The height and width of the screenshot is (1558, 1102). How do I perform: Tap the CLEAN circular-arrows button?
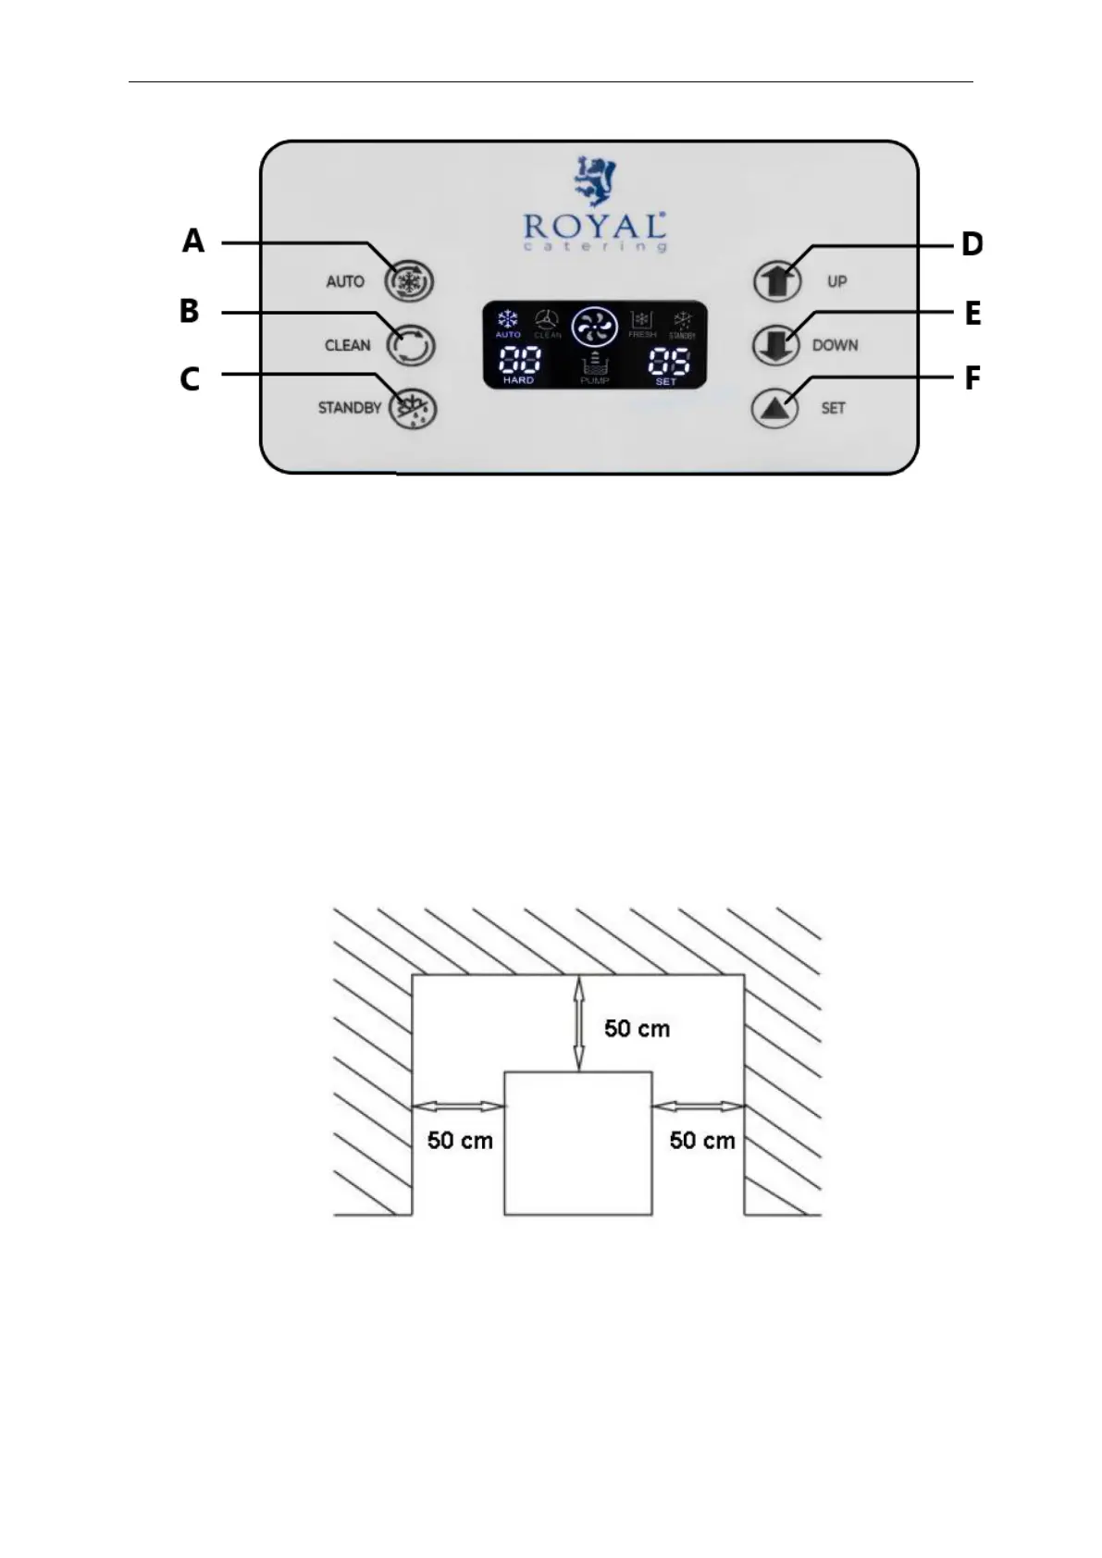(x=411, y=345)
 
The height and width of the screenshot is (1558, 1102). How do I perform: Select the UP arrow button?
(x=776, y=281)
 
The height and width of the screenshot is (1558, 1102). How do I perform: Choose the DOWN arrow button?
(x=776, y=345)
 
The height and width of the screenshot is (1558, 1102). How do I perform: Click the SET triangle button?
(x=775, y=408)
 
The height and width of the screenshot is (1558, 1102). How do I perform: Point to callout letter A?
(x=192, y=241)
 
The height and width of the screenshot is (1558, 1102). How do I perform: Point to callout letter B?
(x=190, y=311)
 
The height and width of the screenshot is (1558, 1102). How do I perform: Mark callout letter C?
(x=190, y=379)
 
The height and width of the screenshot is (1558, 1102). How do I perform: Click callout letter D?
(x=972, y=245)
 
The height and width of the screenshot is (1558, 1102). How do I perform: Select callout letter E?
(x=972, y=314)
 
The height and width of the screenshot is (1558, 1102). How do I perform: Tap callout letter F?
(x=972, y=378)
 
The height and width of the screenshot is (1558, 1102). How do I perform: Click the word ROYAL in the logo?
(x=594, y=226)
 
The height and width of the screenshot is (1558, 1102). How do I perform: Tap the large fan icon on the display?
(x=594, y=327)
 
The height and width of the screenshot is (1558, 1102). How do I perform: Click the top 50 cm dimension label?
(x=637, y=1029)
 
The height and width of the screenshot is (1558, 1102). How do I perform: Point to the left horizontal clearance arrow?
(x=459, y=1106)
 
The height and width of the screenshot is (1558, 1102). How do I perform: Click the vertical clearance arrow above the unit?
(x=579, y=1022)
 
